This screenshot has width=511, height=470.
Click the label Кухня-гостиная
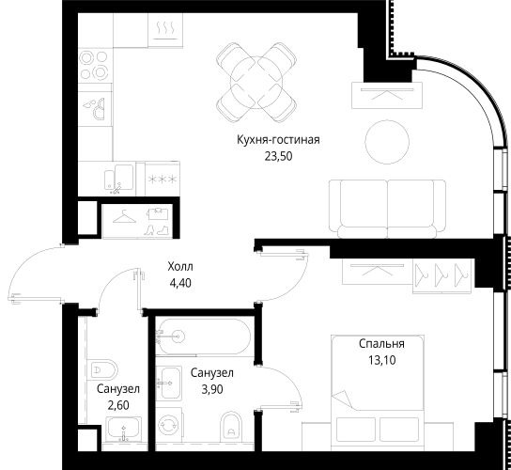(x=278, y=140)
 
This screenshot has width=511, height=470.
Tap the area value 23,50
(x=278, y=157)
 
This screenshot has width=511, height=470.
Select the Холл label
(x=180, y=267)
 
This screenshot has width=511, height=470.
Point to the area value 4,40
(x=180, y=283)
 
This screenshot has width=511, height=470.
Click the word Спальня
(x=381, y=344)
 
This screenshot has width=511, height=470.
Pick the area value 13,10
(x=382, y=360)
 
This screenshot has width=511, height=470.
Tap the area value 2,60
(x=118, y=405)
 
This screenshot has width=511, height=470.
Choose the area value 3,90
(x=212, y=389)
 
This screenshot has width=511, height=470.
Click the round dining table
(x=256, y=83)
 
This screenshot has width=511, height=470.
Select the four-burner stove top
(x=95, y=65)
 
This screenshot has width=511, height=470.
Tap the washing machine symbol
(x=168, y=425)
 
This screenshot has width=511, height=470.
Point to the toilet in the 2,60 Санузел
(x=102, y=369)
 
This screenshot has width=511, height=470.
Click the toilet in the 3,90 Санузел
(x=231, y=426)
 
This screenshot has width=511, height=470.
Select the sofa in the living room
(x=388, y=209)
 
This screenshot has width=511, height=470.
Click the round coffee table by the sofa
(x=387, y=142)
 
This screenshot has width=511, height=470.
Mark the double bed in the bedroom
(x=378, y=393)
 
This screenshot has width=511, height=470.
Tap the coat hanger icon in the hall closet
(x=124, y=217)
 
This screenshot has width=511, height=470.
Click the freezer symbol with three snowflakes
(x=163, y=179)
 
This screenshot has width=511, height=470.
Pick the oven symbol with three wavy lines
(x=165, y=30)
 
